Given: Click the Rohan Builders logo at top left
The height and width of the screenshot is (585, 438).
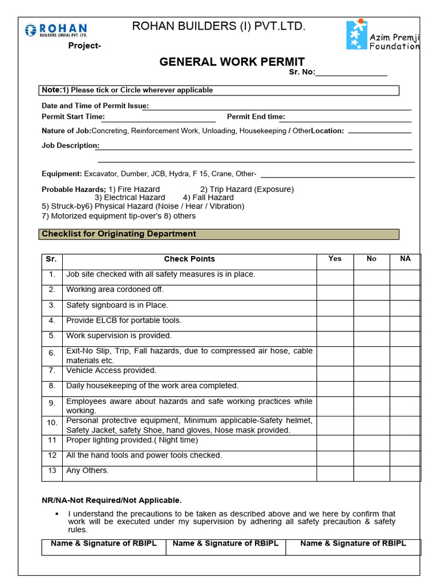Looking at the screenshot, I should tap(55, 30).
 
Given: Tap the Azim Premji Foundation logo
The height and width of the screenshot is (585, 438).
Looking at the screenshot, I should tap(383, 35).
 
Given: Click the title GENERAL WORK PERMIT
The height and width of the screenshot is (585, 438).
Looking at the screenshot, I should tap(232, 62).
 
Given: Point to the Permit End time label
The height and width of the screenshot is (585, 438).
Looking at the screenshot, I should tap(255, 117).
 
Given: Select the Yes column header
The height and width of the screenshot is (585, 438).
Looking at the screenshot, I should tap(335, 259).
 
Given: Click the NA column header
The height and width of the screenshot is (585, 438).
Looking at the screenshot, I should tap(405, 259).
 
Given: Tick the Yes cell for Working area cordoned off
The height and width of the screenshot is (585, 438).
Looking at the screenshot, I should tap(335, 292).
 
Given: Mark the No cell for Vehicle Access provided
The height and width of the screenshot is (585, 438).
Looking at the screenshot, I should tap(371, 374).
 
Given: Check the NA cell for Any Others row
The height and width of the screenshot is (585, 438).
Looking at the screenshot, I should tap(405, 474).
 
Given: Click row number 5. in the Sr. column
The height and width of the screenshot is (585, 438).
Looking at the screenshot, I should tap(52, 336).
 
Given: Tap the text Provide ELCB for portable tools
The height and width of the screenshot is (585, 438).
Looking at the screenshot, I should tap(124, 320).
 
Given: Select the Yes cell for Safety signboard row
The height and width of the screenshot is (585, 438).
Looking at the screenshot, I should tap(335, 308).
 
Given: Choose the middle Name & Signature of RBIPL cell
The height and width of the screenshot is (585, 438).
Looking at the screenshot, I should tap(226, 547).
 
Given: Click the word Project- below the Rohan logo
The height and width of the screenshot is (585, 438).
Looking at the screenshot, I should tap(85, 46).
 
